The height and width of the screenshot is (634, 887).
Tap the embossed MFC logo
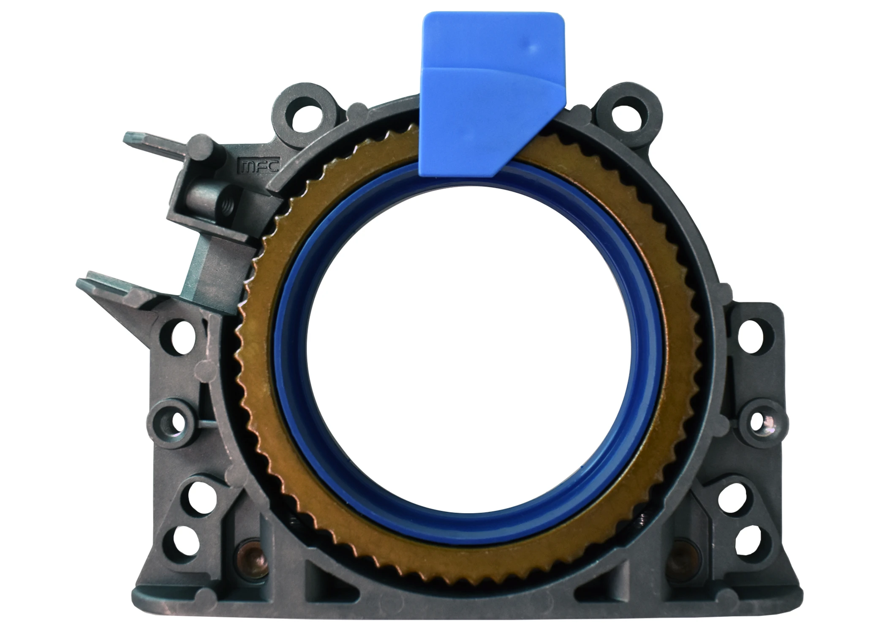[x=258, y=166]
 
